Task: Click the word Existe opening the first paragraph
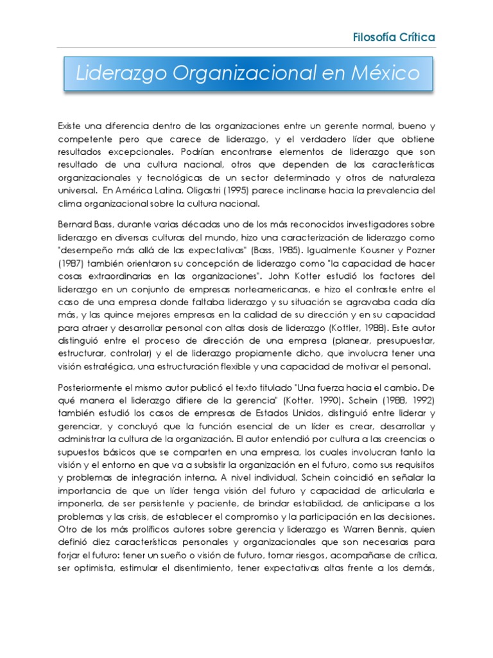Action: click(x=70, y=126)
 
